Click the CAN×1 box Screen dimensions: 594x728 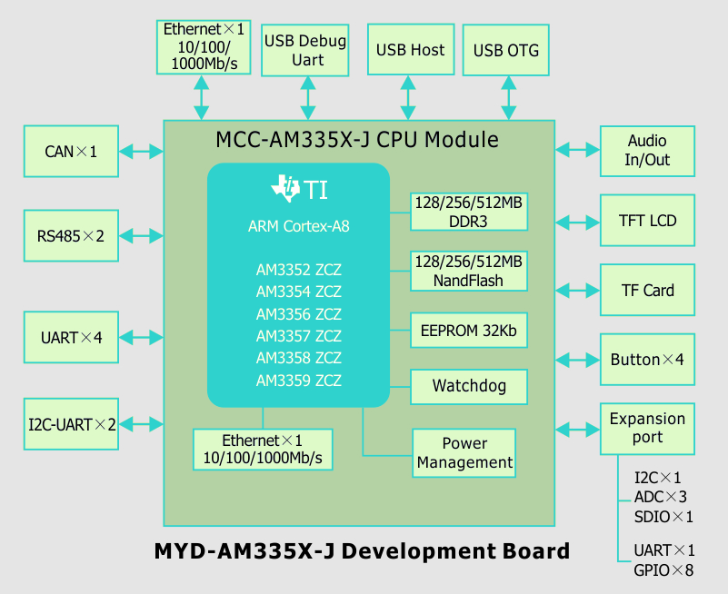point(71,152)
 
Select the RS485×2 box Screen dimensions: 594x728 point(71,236)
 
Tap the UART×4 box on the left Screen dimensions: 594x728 point(71,338)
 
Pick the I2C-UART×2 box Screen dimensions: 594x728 point(71,424)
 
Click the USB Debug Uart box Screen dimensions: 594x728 point(305,51)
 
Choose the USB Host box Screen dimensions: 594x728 point(410,51)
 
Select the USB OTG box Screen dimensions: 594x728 point(506,51)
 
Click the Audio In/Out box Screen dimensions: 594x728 point(647,152)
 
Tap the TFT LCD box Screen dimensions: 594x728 point(647,221)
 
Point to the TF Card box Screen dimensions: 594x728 point(647,291)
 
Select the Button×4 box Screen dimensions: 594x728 point(647,360)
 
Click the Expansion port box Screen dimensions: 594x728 point(647,428)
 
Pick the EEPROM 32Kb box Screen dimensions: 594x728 point(469,332)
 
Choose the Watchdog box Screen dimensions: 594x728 point(469,387)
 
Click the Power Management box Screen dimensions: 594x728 point(464,453)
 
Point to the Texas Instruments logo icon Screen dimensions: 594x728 point(285,188)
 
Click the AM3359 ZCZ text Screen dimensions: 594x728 point(299,381)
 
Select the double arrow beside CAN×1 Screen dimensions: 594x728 point(141,151)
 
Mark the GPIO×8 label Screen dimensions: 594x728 point(664,570)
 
